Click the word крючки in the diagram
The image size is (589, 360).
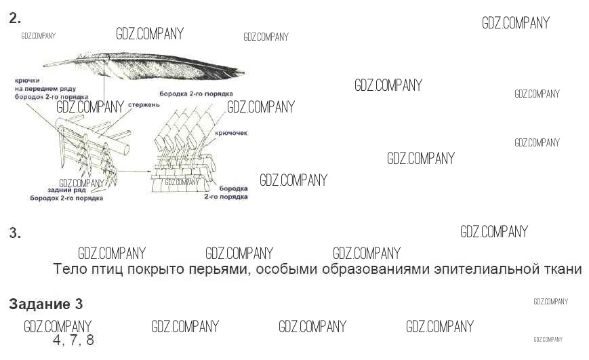[29, 81]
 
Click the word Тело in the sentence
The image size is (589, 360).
[69, 269]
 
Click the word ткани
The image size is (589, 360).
[563, 269]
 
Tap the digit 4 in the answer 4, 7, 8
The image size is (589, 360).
[57, 340]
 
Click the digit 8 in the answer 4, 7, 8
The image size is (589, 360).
[89, 340]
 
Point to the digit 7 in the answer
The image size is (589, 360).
[73, 340]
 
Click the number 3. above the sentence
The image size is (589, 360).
[15, 234]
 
